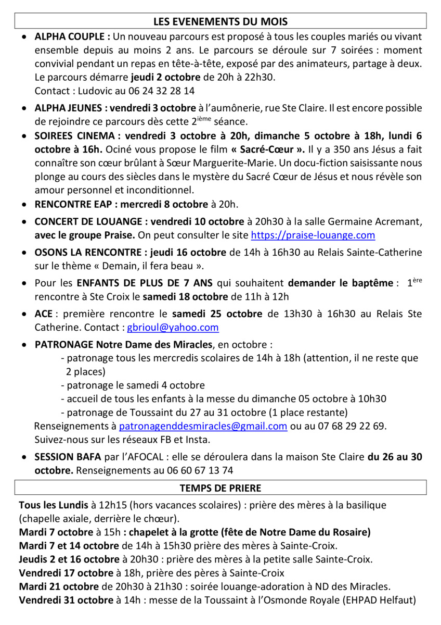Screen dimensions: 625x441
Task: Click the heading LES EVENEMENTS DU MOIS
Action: pos(220,21)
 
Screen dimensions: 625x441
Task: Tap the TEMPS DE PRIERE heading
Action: pos(220,488)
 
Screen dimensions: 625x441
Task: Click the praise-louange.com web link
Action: pos(313,235)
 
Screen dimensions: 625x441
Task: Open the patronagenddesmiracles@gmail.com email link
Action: pos(203,426)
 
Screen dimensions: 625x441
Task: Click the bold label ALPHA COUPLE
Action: pos(72,37)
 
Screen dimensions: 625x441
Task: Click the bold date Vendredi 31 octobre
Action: pos(66,600)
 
